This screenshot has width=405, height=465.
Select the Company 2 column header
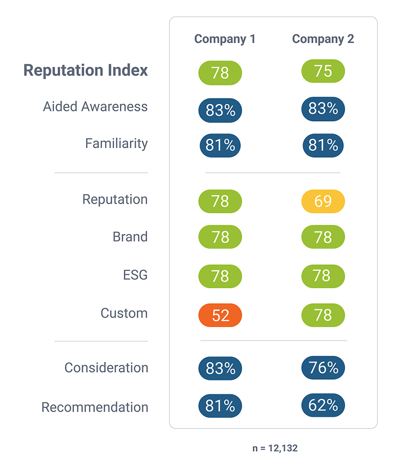coord(323,39)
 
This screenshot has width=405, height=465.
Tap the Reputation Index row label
coord(86,71)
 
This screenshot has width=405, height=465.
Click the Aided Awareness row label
coord(95,107)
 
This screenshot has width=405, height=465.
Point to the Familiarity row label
coord(116,144)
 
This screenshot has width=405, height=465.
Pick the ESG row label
coord(135,275)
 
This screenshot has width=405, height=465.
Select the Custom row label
coord(124,313)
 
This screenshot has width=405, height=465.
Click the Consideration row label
coord(106,368)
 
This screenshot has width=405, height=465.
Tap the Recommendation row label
coord(95,407)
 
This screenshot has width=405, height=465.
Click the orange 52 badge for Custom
coord(220,315)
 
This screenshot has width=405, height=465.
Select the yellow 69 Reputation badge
coord(323,201)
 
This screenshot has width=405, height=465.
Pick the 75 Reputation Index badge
coord(323,71)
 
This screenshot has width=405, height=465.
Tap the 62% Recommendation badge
coord(323,405)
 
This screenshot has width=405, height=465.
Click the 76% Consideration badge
coord(323,368)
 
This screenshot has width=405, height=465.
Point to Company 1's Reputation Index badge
coord(220,73)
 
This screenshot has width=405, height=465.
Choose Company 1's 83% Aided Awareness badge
coord(220,110)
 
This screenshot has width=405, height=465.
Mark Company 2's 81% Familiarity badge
coord(323,146)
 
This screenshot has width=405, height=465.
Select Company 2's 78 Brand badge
coord(323,238)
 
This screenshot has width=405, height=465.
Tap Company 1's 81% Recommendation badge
coord(220,406)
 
